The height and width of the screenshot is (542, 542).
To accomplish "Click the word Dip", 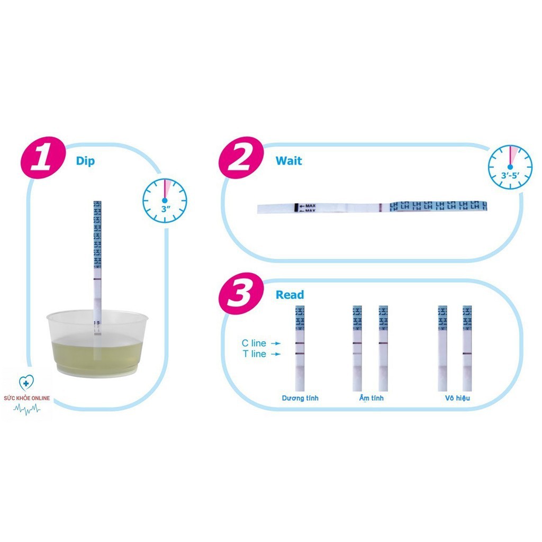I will pos(85,161).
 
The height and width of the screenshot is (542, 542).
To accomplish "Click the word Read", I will pos(290,295).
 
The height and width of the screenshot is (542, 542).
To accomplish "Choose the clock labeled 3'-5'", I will pos(510,167).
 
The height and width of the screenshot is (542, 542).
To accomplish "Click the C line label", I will pos(255,344).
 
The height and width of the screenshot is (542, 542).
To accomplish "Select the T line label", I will pos(255,354).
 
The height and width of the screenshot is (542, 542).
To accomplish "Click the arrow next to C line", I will pos(276,344).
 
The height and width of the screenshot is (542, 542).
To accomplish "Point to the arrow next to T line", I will pos(276,354).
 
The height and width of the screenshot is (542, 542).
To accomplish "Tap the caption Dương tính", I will pos(301,398).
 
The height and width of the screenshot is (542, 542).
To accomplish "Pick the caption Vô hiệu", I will pos(457,398).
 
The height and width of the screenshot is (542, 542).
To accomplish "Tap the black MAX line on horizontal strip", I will pos(295,208).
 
